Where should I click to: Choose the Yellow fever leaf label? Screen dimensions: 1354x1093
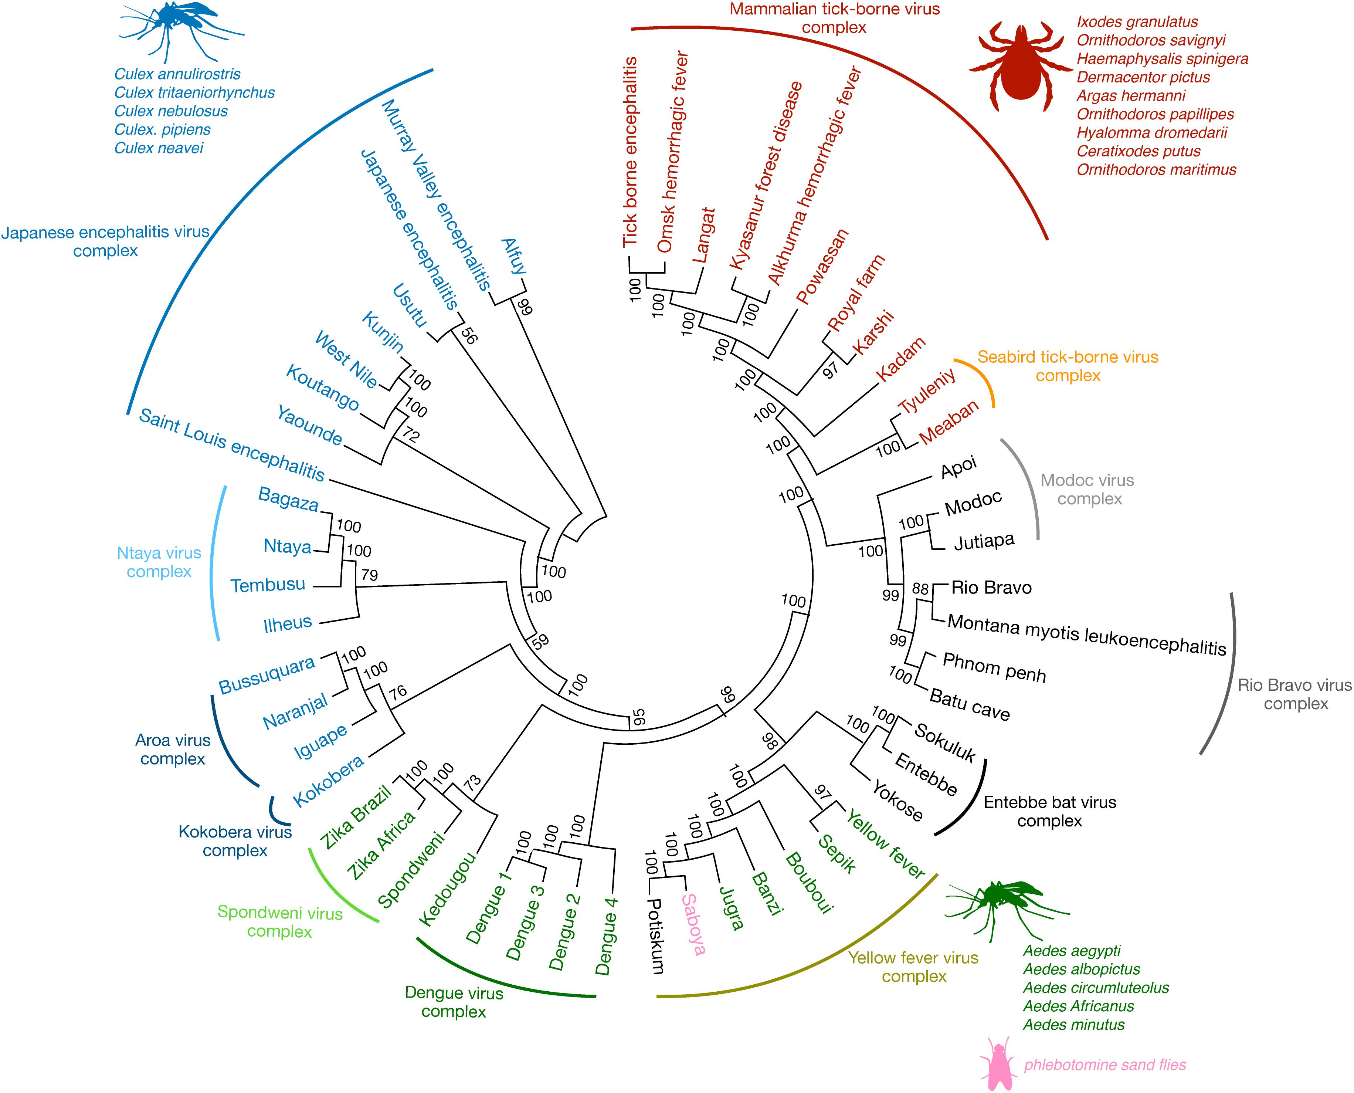coord(885,844)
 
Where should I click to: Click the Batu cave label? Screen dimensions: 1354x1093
coord(970,705)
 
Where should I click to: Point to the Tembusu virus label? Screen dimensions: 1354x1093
coord(268,585)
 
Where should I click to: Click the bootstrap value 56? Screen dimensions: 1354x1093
coord(469,336)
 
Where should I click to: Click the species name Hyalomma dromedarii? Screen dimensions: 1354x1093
coord(1152,133)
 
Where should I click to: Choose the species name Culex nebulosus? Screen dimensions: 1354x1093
coord(171,111)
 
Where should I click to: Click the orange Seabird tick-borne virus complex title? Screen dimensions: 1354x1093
coord(1068,366)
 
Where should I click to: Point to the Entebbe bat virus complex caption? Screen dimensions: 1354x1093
coord(1050,812)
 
